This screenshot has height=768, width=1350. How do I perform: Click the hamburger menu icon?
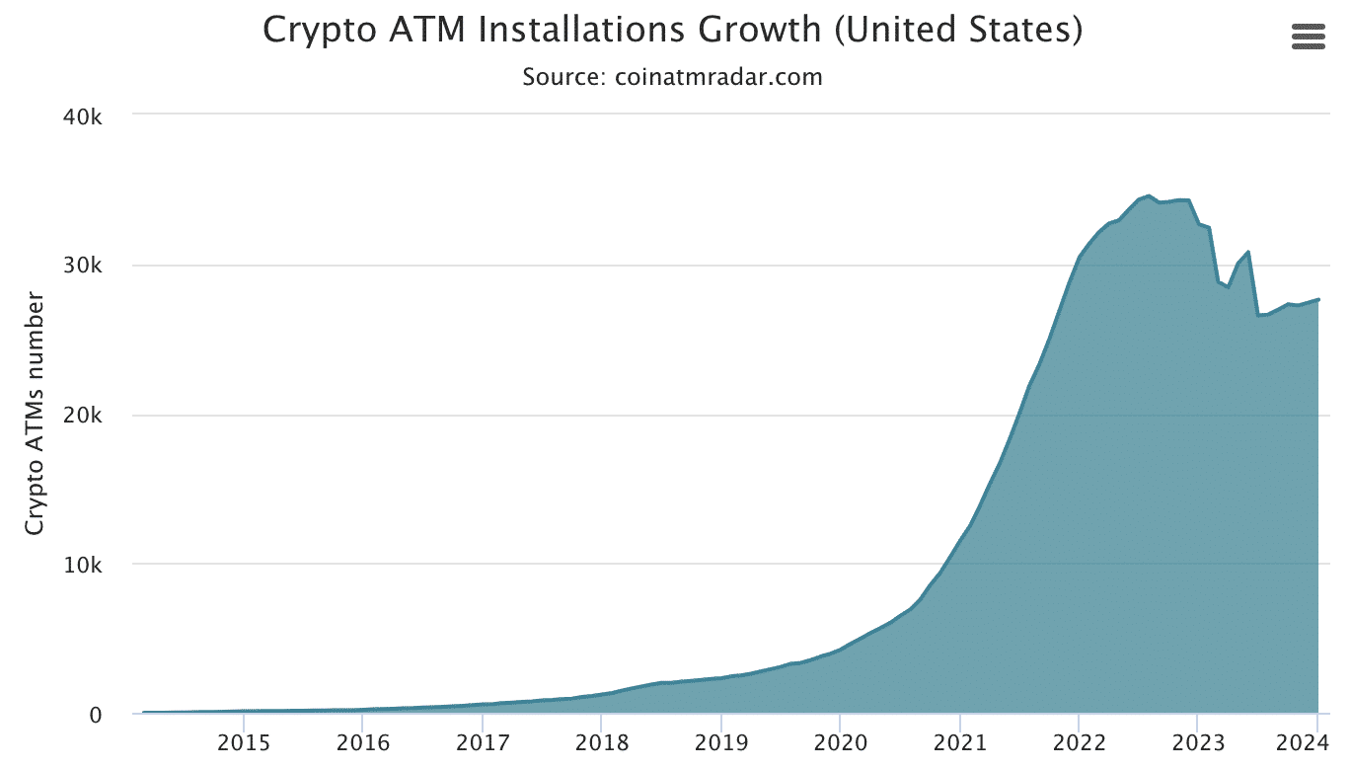pyautogui.click(x=1308, y=37)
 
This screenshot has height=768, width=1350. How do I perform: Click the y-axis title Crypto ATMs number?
pyautogui.click(x=36, y=413)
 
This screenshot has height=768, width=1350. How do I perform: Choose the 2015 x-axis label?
pyautogui.click(x=244, y=743)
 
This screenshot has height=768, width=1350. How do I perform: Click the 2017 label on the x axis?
pyautogui.click(x=483, y=743)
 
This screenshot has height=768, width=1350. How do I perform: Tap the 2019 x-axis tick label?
pyautogui.click(x=720, y=743)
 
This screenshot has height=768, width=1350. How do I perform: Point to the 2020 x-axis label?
pyautogui.click(x=840, y=743)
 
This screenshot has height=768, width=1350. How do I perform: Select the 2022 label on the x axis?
pyautogui.click(x=1079, y=743)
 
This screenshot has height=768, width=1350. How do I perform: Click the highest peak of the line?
pyautogui.click(x=1149, y=196)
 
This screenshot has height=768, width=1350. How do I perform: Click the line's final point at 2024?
pyautogui.click(x=1318, y=299)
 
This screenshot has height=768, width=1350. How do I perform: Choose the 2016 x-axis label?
pyautogui.click(x=363, y=743)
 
